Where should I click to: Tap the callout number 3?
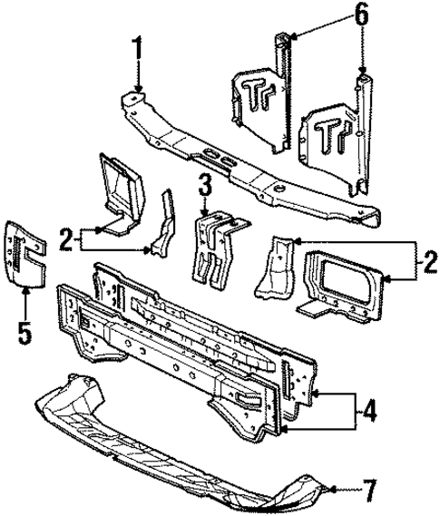click(206, 186)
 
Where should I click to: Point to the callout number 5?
click(24, 332)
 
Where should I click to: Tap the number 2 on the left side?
click(66, 240)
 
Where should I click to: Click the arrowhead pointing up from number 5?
click(24, 292)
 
